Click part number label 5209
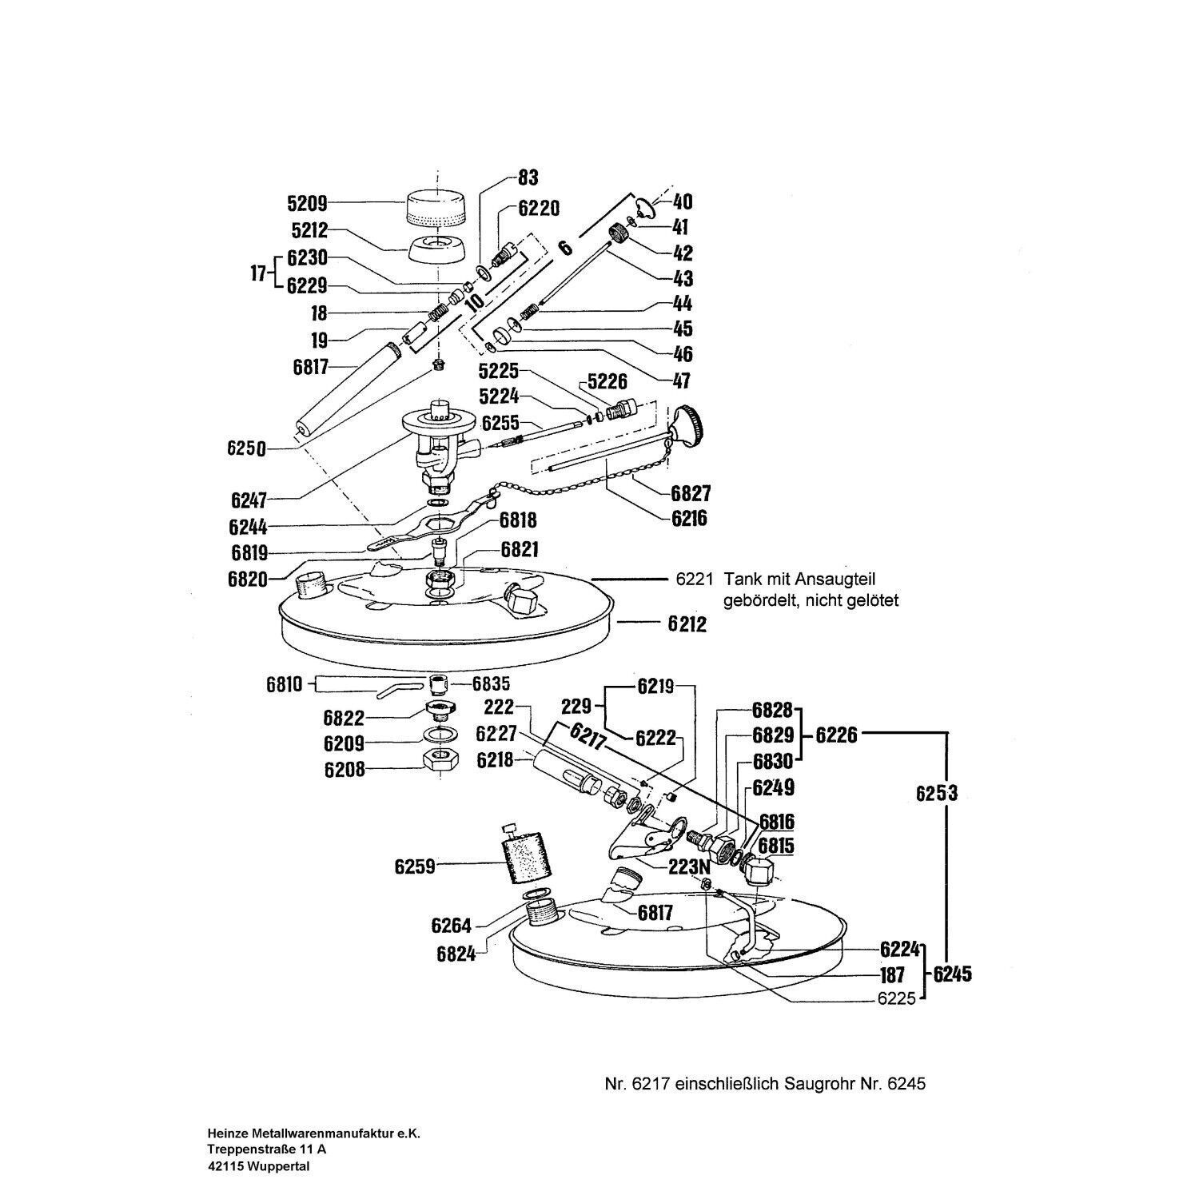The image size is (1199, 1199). (308, 203)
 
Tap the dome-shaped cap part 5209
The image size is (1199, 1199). (437, 209)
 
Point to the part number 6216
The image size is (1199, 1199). (689, 518)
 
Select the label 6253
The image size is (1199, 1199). (937, 793)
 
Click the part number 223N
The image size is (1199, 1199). (690, 866)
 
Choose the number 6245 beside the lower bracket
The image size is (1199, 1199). (952, 974)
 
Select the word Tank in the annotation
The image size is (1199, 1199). (739, 579)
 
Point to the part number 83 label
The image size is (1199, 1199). (528, 177)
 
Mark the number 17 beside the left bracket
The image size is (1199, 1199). (257, 273)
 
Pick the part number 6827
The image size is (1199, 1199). (691, 492)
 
